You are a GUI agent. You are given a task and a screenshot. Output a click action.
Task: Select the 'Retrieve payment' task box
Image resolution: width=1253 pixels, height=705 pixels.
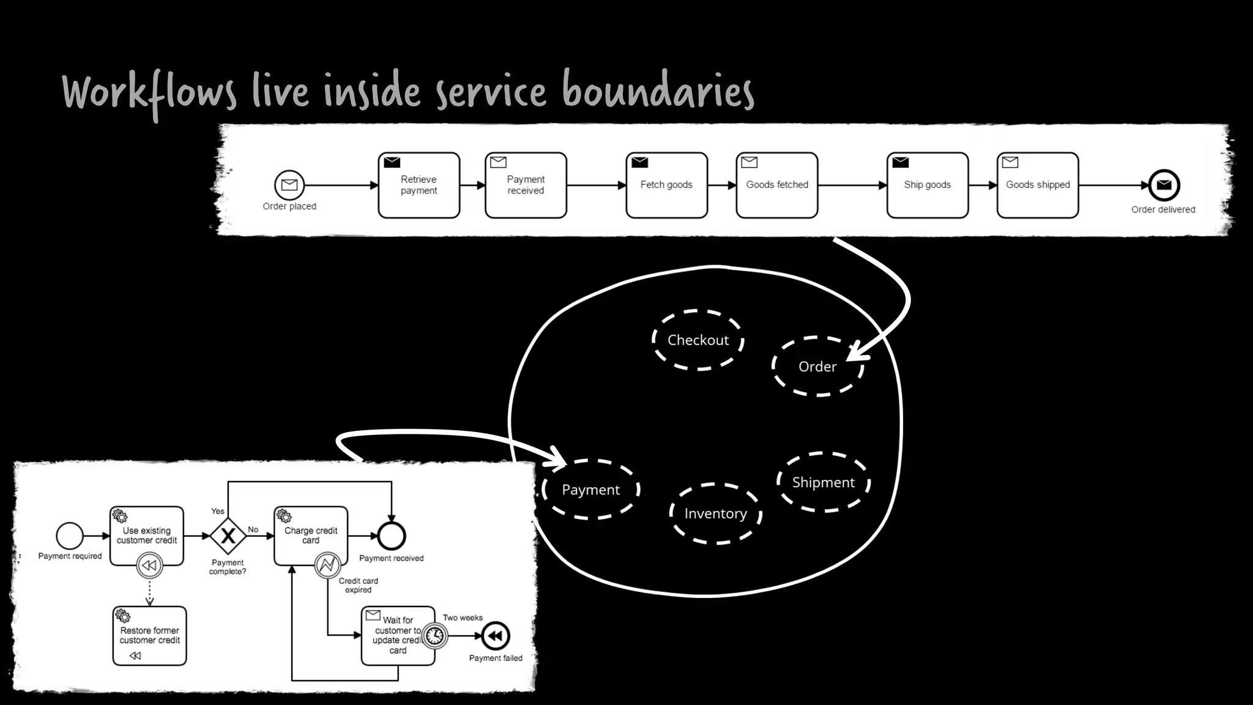pos(418,185)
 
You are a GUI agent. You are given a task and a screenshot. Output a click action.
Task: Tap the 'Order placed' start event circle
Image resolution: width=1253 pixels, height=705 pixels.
pos(289,185)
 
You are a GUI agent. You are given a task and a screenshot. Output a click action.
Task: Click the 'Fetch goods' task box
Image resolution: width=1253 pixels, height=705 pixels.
pos(666,185)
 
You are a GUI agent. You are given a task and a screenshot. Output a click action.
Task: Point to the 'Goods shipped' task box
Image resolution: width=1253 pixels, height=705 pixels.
pos(1038,185)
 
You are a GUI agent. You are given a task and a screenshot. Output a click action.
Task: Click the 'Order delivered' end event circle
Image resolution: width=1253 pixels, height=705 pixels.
pos(1164,185)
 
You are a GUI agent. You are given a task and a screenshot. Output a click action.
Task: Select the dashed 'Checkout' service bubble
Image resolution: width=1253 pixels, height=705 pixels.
pos(697,340)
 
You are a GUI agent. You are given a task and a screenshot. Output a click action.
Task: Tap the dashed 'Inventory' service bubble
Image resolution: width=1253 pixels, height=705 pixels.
pos(715,513)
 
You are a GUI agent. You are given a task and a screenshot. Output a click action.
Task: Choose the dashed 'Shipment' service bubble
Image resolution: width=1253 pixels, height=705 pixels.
pos(823,482)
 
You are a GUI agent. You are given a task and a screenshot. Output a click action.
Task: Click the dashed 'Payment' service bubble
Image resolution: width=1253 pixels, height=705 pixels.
pos(590,490)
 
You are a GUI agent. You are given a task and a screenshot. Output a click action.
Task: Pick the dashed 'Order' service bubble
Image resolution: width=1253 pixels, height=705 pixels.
pos(817,367)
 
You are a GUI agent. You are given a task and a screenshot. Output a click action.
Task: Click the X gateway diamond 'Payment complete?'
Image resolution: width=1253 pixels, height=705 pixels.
pos(228,536)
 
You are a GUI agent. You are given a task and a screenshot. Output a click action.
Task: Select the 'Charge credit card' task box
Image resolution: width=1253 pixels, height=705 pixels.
pos(311,535)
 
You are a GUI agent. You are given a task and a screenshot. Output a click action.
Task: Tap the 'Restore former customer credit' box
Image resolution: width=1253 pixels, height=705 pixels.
pos(149,635)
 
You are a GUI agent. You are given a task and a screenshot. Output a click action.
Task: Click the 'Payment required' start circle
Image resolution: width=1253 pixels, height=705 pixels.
pos(70,536)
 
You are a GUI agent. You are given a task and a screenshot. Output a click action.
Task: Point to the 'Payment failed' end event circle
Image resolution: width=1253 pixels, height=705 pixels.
pos(496,636)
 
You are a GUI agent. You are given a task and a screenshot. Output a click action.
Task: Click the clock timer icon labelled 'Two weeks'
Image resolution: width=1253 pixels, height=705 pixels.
pos(435,636)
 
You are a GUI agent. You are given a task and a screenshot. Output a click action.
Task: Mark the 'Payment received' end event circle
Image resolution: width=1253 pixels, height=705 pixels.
pos(392,536)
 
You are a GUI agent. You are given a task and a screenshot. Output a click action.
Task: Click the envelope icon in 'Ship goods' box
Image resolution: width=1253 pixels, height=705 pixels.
pos(901,162)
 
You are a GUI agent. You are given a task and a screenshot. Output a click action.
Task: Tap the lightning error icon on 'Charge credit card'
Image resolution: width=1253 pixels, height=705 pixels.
pos(327,564)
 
